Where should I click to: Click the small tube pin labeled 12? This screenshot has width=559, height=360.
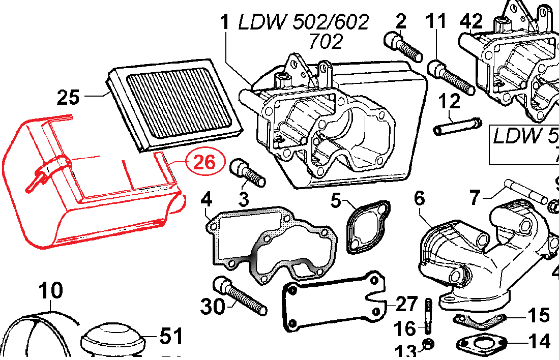pos(457,126)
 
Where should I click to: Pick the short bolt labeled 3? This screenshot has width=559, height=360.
pos(247,173)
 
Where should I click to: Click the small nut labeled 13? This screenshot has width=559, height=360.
pos(428,345)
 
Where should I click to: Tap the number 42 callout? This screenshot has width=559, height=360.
pos(470,21)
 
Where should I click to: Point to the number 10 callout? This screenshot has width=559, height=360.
pos(51,291)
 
